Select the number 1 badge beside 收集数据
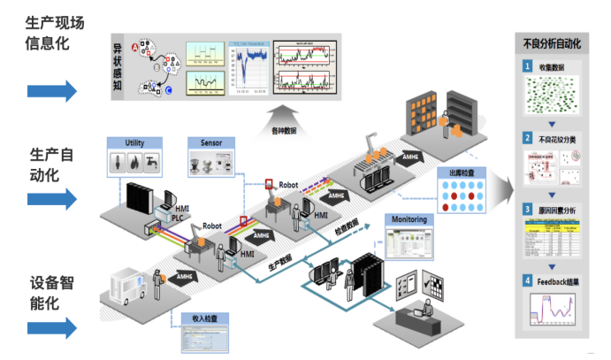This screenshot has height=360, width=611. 528,67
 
